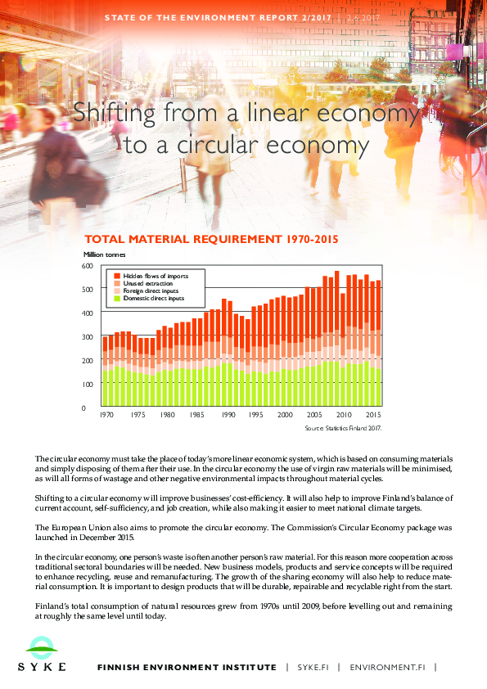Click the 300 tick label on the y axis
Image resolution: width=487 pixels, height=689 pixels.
[x=88, y=337]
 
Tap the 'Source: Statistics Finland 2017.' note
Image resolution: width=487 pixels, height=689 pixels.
[x=343, y=428]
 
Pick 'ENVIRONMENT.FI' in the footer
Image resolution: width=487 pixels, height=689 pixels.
[x=387, y=667]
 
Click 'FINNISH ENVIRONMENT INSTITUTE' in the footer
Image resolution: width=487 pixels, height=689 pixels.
[x=186, y=667]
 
